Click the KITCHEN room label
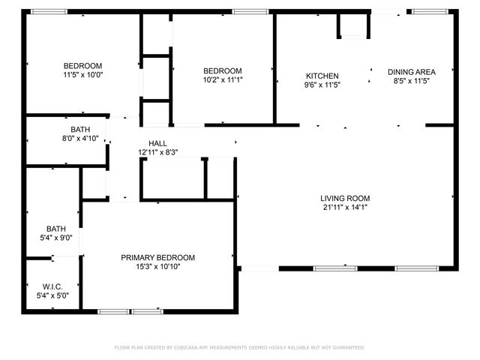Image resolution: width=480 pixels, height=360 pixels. pyautogui.click(x=322, y=76)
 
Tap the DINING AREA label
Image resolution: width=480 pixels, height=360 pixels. pyautogui.click(x=411, y=72)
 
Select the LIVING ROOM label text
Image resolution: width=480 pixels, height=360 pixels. pyautogui.click(x=345, y=198)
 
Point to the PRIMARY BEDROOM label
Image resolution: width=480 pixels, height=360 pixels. pyautogui.click(x=157, y=257)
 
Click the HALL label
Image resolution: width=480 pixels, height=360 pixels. pyautogui.click(x=157, y=143)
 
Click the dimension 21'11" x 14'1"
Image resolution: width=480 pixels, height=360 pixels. pyautogui.click(x=345, y=207)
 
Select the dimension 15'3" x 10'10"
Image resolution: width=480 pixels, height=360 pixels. pyautogui.click(x=157, y=266)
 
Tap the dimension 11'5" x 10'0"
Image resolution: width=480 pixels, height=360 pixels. pyautogui.click(x=82, y=75)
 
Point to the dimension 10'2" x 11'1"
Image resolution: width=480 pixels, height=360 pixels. pyautogui.click(x=223, y=79)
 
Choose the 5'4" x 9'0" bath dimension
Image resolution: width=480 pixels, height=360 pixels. pyautogui.click(x=56, y=238)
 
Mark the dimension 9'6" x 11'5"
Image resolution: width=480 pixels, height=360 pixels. pyautogui.click(x=322, y=85)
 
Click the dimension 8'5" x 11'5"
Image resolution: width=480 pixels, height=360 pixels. pyautogui.click(x=411, y=81)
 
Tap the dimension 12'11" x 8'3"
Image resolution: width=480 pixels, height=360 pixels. pyautogui.click(x=157, y=152)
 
